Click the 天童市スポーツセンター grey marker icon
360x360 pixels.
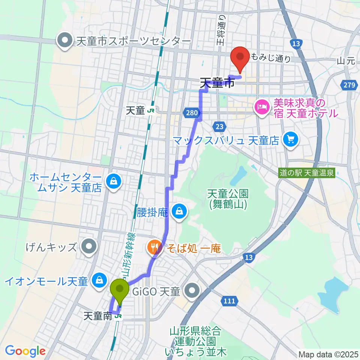coord(65,40)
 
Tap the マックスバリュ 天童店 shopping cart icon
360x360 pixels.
coord(290,140)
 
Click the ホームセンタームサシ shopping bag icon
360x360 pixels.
coord(112,182)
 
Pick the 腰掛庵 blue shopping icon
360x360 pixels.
coord(180,212)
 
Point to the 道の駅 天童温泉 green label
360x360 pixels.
coord(307,174)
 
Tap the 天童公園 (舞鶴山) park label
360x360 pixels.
coord(228,199)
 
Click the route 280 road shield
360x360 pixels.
coord(191,112)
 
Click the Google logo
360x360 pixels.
coord(25,351)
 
